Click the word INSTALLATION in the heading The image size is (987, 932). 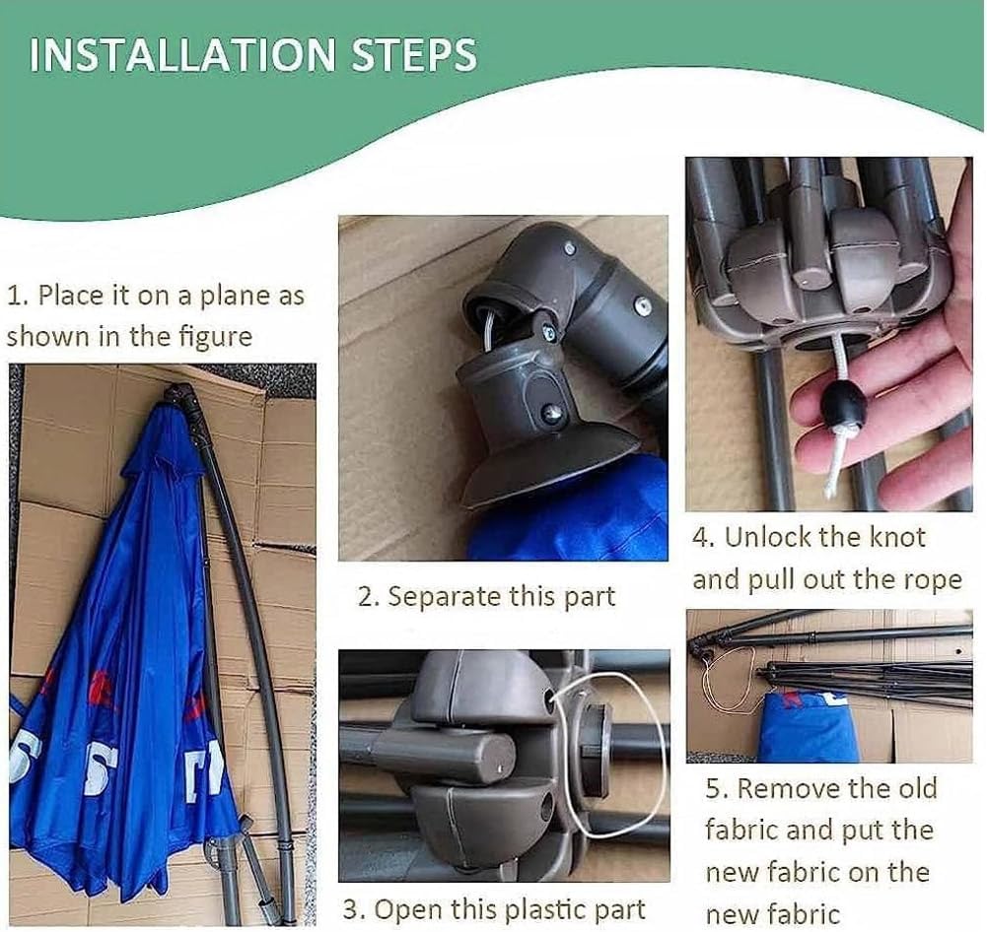point(183,55)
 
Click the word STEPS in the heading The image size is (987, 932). point(413,55)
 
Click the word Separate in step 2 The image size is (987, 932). point(444,597)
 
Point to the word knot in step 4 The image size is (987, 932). point(897,538)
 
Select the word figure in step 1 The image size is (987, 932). point(216,337)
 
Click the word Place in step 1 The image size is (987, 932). point(69,296)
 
